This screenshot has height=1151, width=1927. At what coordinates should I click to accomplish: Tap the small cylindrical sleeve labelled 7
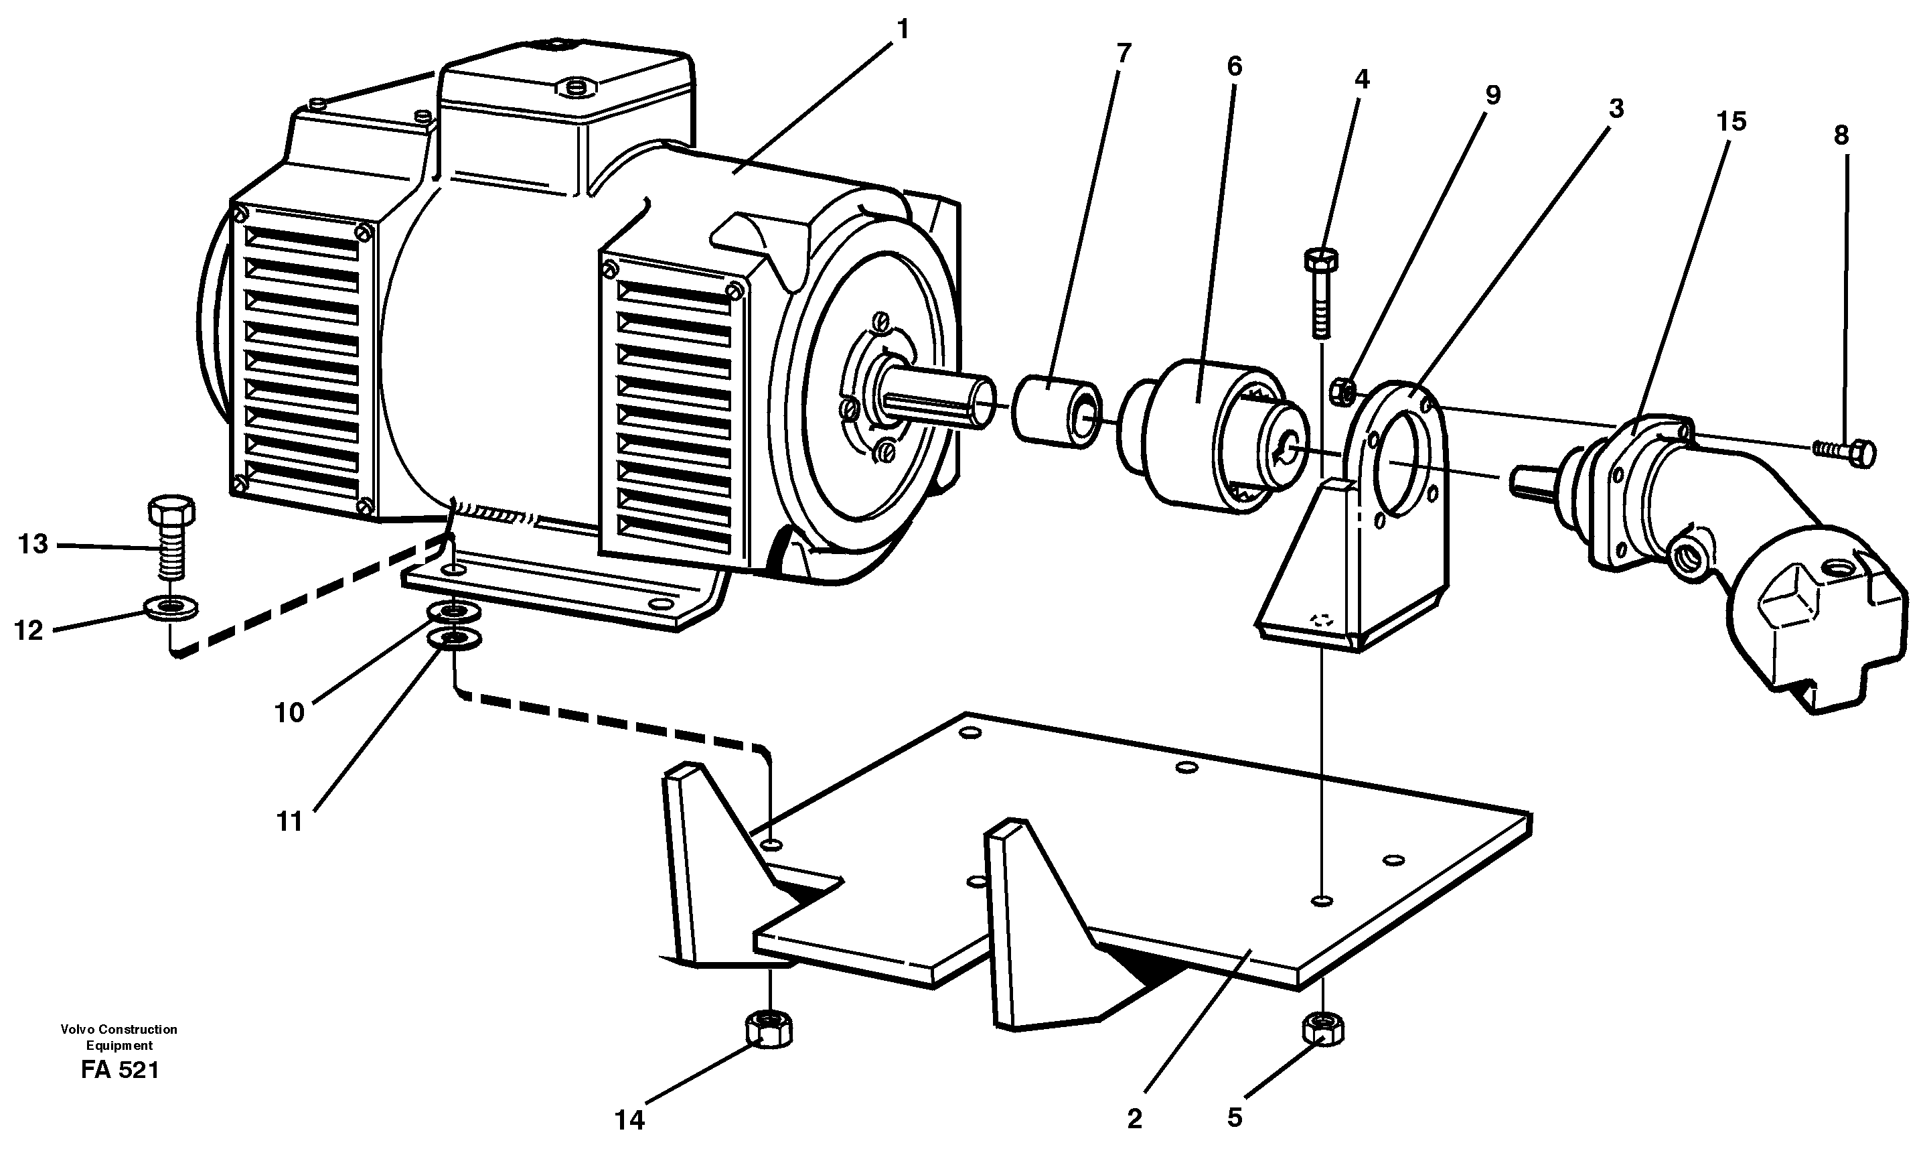click(x=1056, y=410)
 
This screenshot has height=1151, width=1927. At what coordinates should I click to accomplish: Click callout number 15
click(x=1731, y=122)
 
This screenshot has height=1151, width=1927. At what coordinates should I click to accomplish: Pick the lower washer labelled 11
click(x=454, y=640)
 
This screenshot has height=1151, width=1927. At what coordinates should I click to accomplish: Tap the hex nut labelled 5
click(x=1323, y=1028)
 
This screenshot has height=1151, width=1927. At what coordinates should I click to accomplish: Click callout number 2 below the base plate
click(x=1134, y=1120)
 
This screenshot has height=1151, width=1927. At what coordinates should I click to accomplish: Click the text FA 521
click(x=119, y=1071)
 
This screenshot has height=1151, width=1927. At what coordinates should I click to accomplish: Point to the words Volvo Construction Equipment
click(x=119, y=1037)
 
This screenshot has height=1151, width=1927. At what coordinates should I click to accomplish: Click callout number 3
click(x=1616, y=109)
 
